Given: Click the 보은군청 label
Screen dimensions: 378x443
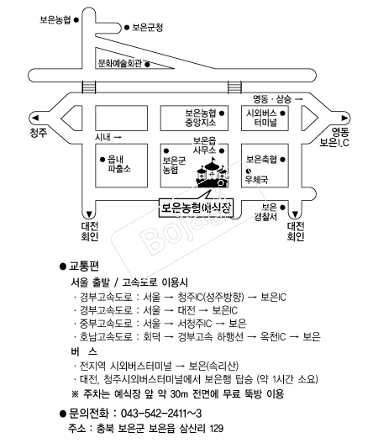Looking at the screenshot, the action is (147, 28).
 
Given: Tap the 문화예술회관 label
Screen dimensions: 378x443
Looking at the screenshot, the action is (119, 63).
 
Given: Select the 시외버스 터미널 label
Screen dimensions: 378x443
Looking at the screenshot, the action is (262, 118).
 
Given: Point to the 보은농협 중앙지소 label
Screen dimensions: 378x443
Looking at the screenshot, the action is (201, 118).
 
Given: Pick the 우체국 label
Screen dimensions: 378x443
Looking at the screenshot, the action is (256, 179).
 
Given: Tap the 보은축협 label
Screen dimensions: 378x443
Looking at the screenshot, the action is (262, 160).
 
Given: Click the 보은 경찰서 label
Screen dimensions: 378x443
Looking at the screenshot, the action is (265, 212).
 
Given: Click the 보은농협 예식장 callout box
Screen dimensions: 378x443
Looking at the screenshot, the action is (196, 208).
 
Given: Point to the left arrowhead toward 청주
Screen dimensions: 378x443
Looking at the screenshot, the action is (35, 118).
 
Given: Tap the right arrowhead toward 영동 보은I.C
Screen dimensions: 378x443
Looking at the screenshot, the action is (344, 118).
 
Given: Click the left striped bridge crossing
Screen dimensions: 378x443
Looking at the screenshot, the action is (89, 87).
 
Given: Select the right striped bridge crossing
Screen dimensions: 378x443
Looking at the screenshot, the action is (234, 87).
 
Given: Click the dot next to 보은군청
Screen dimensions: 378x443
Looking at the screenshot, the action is (127, 28).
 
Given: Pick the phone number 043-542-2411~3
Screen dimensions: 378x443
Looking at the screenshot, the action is (161, 414).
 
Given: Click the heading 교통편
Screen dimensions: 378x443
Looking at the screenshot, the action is (84, 266).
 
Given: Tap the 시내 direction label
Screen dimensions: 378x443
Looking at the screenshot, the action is (102, 137).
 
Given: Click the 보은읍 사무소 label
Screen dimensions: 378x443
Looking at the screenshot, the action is (205, 145).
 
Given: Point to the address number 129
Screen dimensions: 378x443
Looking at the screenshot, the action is (216, 429).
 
